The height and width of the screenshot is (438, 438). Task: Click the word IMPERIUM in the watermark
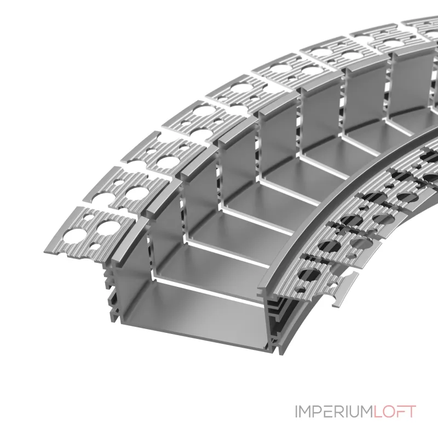(x=334, y=412)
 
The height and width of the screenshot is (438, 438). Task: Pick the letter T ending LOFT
(x=411, y=412)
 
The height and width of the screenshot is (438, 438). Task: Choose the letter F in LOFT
(x=400, y=412)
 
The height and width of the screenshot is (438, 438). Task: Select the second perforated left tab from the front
(x=126, y=191)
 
